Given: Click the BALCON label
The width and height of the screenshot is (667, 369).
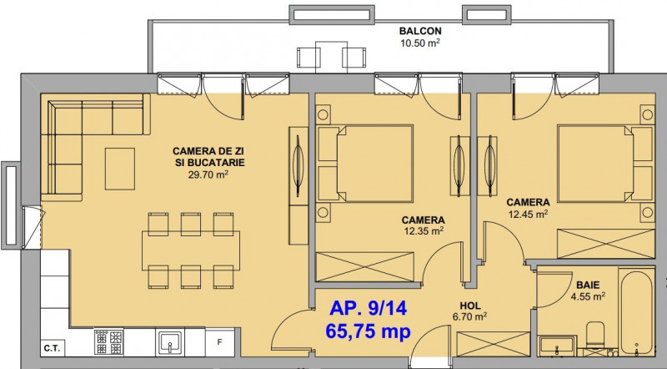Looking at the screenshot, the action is [x=420, y=31].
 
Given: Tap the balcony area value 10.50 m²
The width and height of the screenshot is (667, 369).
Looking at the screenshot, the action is [x=420, y=43].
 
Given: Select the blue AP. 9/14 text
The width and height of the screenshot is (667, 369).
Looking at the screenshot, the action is [x=368, y=308].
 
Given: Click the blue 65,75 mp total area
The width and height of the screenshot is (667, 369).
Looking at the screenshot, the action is [x=368, y=331].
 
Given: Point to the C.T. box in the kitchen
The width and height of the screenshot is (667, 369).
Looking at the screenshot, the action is [x=52, y=349].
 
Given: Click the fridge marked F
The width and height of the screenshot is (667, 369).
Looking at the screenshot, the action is [x=220, y=341].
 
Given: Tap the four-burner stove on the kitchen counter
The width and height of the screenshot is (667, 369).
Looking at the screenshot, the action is [x=109, y=341].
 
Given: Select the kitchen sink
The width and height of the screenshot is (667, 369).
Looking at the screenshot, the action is [x=170, y=341].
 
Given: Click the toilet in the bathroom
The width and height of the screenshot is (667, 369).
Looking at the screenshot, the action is [x=595, y=336].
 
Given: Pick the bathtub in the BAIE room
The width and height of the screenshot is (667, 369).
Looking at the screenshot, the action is [x=636, y=312].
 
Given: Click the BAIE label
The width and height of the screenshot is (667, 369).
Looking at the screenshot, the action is [x=588, y=285].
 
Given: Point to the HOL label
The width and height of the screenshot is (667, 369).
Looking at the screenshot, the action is [x=470, y=306].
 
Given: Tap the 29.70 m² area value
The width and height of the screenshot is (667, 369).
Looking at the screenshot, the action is [x=208, y=174].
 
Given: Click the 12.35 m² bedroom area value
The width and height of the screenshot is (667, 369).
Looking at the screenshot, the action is [x=424, y=231].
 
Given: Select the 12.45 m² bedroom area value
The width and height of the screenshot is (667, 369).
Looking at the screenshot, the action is [x=528, y=214].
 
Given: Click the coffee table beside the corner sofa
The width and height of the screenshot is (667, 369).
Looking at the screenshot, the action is [x=120, y=169].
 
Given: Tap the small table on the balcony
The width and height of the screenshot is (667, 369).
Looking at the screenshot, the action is [x=331, y=56].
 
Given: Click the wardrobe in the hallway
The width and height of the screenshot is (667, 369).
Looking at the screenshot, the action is [x=493, y=344].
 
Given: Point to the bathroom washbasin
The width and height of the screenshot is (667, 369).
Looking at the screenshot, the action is [x=556, y=345].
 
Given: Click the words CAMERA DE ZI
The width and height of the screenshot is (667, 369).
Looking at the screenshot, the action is [x=208, y=151].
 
